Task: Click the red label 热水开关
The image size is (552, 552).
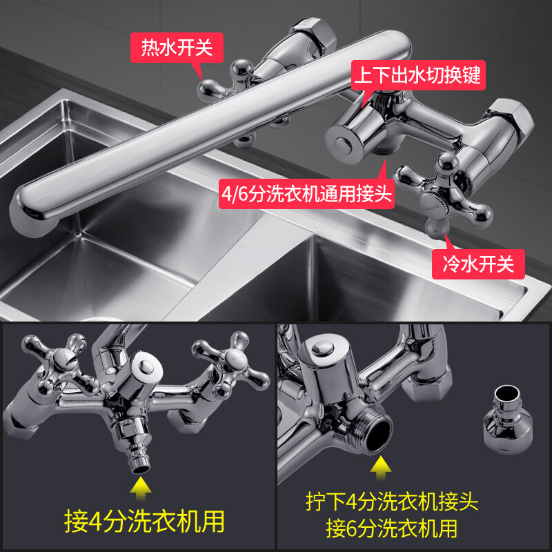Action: [x=177, y=47]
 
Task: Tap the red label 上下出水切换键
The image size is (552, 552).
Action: [x=418, y=75]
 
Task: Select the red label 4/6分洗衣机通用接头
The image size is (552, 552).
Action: [x=306, y=194]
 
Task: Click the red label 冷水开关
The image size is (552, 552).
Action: [x=478, y=264]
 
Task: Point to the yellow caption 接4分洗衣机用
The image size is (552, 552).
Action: [x=144, y=521]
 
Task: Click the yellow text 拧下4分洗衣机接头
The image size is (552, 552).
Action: [x=391, y=502]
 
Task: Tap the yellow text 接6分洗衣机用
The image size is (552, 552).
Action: [x=391, y=528]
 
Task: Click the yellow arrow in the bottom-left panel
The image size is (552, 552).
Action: [x=141, y=489]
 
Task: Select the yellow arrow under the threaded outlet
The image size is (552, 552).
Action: [x=381, y=469]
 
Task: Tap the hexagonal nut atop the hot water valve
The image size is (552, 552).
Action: [x=313, y=34]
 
